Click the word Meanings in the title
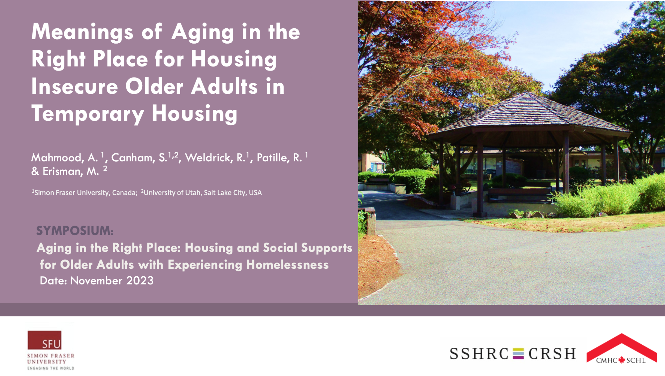tap(82, 33)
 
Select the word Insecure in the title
tap(75, 87)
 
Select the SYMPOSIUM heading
tap(75, 231)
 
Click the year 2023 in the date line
tap(140, 281)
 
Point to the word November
tap(96, 281)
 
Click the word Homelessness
tap(288, 265)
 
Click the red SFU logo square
tap(45, 340)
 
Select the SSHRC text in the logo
tap(479, 354)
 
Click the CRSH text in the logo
tap(552, 354)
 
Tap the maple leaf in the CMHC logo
tap(622, 360)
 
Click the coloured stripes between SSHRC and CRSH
tap(518, 354)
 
